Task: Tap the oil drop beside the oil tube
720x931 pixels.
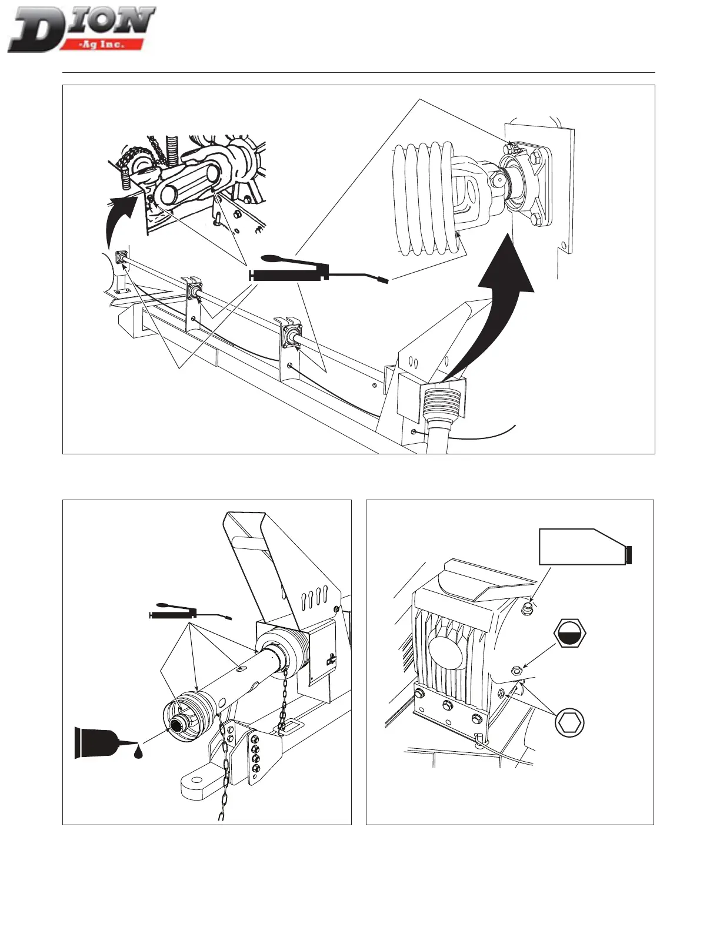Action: point(138,752)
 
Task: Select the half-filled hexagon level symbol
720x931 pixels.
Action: point(570,633)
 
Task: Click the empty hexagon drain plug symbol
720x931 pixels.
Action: point(569,723)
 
